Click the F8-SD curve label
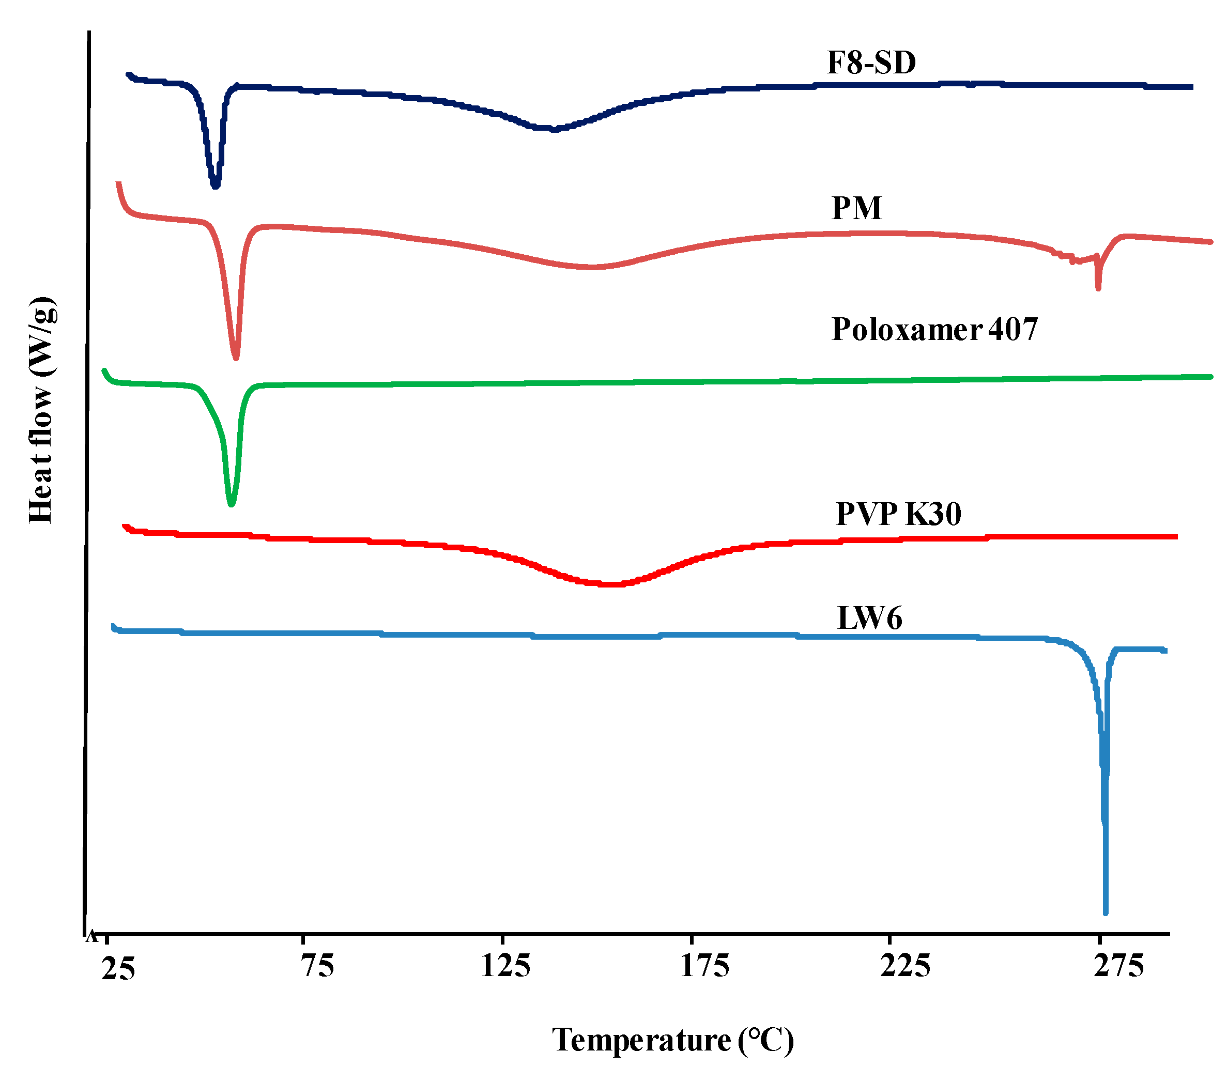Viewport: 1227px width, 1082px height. [871, 63]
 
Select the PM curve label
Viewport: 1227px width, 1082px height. [856, 209]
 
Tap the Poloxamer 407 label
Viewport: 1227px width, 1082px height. [934, 330]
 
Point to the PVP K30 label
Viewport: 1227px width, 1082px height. [898, 514]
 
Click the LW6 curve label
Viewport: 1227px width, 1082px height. [869, 619]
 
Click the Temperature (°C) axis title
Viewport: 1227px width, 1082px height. [673, 1041]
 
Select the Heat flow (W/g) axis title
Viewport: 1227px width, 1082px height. [42, 410]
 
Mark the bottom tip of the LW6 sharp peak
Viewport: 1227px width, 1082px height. [1105, 912]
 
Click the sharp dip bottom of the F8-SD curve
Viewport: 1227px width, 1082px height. [216, 186]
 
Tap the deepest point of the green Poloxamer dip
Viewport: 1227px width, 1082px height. [232, 504]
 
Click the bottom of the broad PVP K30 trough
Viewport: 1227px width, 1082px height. [609, 584]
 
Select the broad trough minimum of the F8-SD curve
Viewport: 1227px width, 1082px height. [555, 130]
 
